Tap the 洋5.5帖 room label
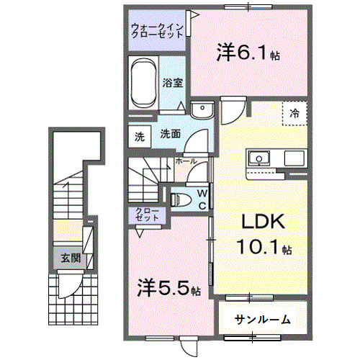coord(168,289)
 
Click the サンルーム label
coord(263,318)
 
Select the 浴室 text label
coord(171,83)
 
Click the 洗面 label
coord(169,133)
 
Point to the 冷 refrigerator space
coord(294,113)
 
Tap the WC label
coord(202,197)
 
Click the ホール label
coord(186,162)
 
